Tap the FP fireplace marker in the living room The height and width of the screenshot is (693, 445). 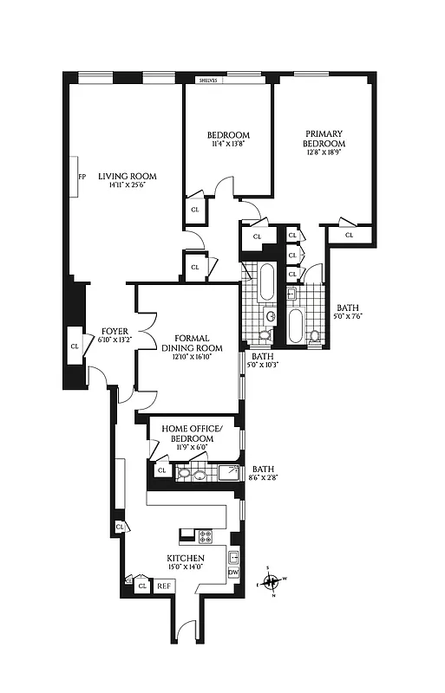82,177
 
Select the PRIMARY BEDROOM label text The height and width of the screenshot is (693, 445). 324,139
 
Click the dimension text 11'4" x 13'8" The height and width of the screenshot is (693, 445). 228,146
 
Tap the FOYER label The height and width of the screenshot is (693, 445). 115,331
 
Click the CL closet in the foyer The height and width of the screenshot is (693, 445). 74,346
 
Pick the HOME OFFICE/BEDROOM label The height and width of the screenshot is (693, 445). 193,434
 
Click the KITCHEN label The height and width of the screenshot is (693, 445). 186,559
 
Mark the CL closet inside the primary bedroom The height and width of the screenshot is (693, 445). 350,235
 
